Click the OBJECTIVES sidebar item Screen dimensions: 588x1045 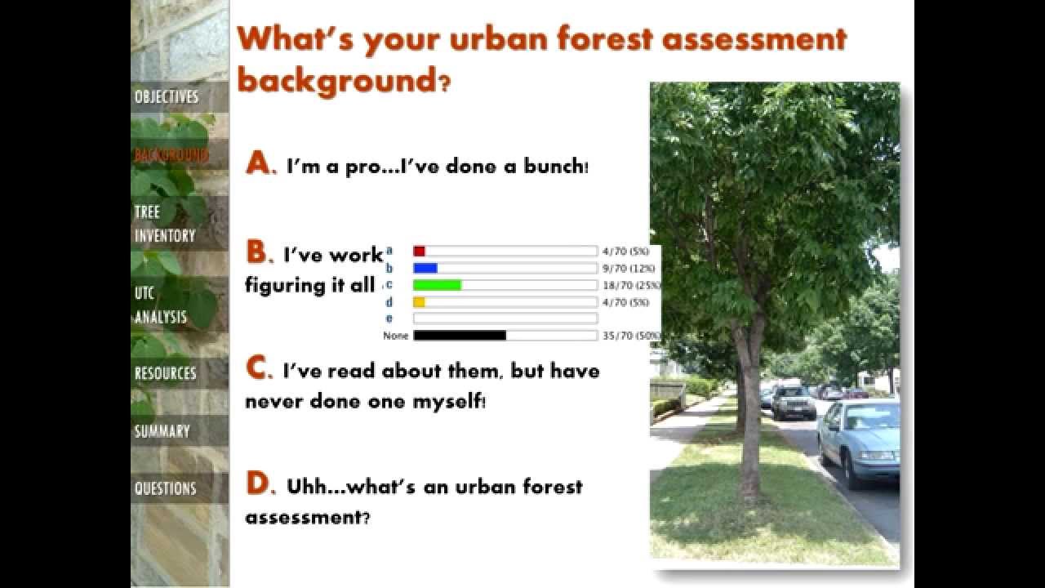(167, 96)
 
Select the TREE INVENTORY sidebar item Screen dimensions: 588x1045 (165, 224)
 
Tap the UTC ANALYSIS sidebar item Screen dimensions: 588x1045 (161, 305)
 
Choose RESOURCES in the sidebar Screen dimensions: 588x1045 (166, 373)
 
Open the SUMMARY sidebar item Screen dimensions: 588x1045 (162, 430)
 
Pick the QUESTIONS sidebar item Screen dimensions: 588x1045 (166, 488)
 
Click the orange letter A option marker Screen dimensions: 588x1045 (257, 164)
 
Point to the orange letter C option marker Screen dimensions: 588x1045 (258, 369)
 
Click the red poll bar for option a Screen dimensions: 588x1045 (420, 252)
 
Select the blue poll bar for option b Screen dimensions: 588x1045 (425, 268)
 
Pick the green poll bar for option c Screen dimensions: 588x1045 (438, 285)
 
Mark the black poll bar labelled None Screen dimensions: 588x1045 (460, 336)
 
